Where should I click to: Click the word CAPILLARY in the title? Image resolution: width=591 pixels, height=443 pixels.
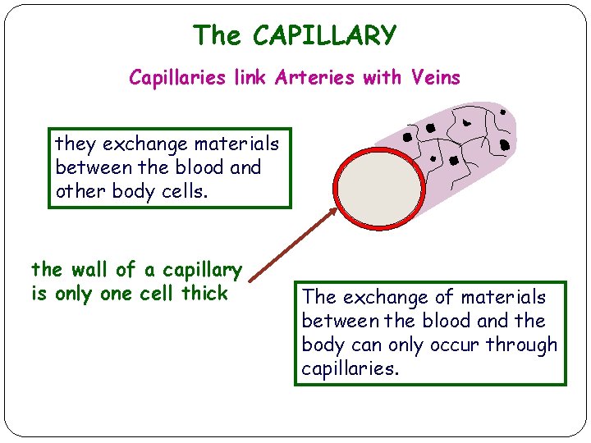pyautogui.click(x=324, y=35)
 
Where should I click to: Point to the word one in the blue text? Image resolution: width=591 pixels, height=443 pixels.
pyautogui.click(x=116, y=293)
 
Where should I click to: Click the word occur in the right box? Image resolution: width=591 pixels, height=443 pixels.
pyautogui.click(x=448, y=345)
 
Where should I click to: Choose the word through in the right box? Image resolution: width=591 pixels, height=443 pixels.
pyautogui.click(x=518, y=345)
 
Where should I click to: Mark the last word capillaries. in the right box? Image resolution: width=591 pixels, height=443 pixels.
pyautogui.click(x=350, y=369)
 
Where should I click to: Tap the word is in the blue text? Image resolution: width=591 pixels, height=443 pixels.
pyautogui.click(x=38, y=293)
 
